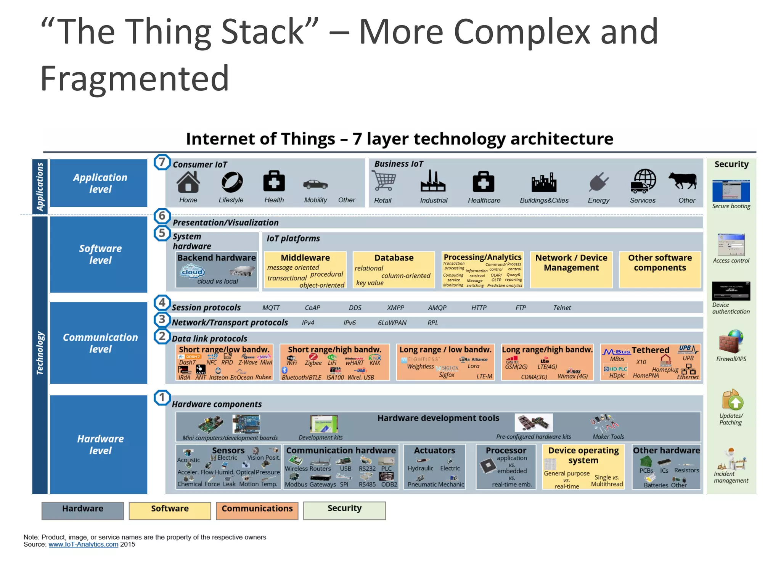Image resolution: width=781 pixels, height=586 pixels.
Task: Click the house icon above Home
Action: (x=188, y=182)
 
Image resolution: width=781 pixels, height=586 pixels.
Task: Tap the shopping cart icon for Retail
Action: (x=384, y=180)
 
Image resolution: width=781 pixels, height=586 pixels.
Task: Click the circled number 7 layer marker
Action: (x=162, y=162)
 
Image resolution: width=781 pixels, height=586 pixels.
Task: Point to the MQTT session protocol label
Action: (x=271, y=308)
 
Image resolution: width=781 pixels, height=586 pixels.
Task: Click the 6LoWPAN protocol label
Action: (x=392, y=323)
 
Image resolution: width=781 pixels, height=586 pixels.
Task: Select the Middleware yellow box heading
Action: (x=305, y=258)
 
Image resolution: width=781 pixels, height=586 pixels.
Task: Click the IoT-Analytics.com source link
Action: (x=83, y=544)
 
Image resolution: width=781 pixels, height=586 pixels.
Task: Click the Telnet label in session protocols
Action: (x=562, y=308)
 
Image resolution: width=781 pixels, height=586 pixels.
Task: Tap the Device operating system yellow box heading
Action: (x=583, y=455)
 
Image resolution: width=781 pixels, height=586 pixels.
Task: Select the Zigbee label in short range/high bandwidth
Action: (x=313, y=363)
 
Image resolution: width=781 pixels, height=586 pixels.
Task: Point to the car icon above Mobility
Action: (x=315, y=185)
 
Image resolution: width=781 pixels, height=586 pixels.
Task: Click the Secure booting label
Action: (x=731, y=206)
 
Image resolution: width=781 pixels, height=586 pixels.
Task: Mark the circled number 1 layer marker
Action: (x=162, y=398)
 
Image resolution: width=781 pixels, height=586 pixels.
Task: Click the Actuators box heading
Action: (x=434, y=451)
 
